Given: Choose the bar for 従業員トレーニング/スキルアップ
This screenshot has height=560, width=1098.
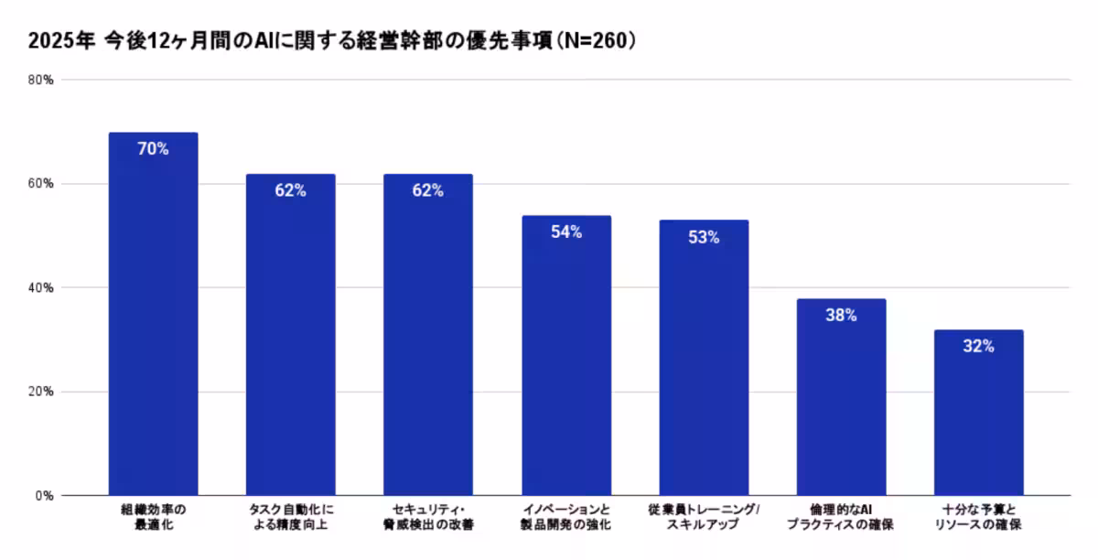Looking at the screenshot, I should pos(704,358).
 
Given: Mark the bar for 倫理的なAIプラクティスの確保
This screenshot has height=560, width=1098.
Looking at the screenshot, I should pos(841,397).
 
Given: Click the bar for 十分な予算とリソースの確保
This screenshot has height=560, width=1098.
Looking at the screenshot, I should pos(978,413).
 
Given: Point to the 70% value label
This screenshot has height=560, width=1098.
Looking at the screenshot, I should pos(153,149).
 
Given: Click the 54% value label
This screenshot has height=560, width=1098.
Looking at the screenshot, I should pos(566,232).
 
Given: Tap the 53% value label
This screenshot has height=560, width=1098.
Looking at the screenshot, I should pos(704,237).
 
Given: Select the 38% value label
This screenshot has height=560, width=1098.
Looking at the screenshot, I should pos(841,316).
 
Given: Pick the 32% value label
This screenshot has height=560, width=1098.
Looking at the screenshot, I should pos(978,347).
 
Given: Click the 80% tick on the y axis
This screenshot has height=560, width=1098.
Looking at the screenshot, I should pos(41,80).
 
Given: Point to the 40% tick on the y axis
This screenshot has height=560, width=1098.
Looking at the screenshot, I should pos(41,287).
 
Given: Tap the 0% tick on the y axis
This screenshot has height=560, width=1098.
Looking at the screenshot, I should pos(45,496).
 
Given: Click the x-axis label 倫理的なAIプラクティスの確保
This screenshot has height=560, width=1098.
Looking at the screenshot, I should pos(841,517).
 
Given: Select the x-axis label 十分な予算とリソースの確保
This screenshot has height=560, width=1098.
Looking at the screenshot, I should pos(978,517).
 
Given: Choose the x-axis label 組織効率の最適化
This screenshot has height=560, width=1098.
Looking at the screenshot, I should pos(153,517).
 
